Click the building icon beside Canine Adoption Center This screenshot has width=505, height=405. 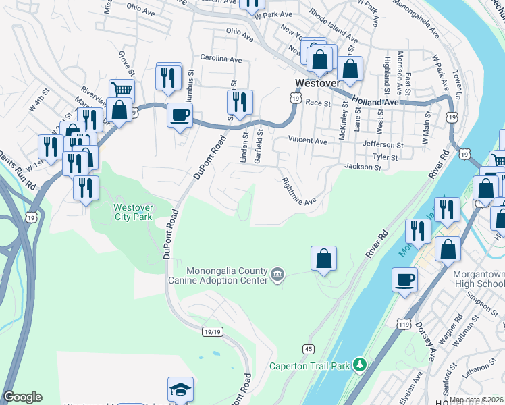tap(277, 274)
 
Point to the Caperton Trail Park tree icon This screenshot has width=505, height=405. tap(361, 365)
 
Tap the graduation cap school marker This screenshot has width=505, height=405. tap(180, 389)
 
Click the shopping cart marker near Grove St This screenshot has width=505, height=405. tap(122, 90)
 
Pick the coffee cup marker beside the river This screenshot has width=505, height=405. tap(405, 279)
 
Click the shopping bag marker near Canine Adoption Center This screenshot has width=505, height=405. tap(324, 258)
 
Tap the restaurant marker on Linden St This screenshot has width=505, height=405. tap(239, 102)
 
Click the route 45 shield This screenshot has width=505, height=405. tap(308, 348)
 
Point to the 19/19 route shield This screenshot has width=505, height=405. tap(211, 331)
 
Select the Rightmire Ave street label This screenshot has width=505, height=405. tap(298, 192)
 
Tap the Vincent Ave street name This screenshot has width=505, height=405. tap(307, 142)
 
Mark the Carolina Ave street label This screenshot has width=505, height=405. tap(220, 59)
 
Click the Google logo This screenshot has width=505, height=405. tap(23, 397)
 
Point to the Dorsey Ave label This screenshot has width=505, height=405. tap(429, 345)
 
